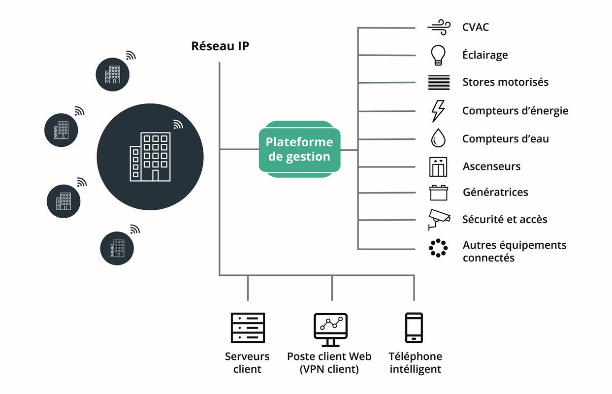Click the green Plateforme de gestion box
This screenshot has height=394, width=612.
(299, 149)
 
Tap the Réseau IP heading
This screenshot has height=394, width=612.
(220, 46)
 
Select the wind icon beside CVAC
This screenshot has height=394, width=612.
(439, 27)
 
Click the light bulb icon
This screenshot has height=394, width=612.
(438, 55)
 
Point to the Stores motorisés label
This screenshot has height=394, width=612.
(506, 82)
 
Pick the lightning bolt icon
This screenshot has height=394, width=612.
(438, 111)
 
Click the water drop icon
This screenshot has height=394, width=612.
(438, 138)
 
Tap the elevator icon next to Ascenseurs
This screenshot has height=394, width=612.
(438, 166)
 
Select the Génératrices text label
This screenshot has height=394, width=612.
(495, 192)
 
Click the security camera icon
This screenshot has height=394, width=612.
(439, 220)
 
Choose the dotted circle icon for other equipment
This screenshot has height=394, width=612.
(438, 248)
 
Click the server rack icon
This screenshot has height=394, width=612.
(248, 328)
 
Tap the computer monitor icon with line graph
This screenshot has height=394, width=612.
(330, 330)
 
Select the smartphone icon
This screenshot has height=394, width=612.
(414, 328)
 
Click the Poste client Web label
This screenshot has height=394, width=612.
(329, 356)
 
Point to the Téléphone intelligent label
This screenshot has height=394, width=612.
(415, 362)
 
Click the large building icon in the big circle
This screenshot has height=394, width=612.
(150, 157)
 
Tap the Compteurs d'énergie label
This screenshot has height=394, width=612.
(515, 111)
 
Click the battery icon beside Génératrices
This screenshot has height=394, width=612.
(439, 193)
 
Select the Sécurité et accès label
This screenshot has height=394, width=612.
(505, 219)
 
